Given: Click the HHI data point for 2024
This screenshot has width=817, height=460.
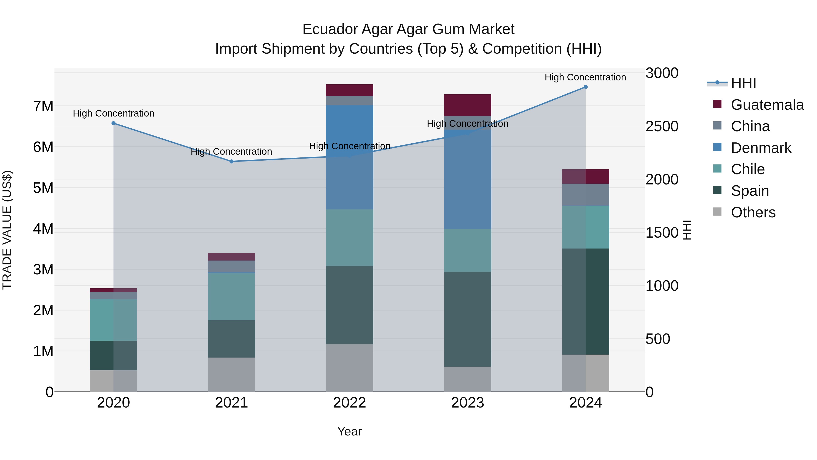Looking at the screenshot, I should [x=586, y=87].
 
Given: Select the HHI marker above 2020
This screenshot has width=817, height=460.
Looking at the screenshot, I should [x=113, y=123].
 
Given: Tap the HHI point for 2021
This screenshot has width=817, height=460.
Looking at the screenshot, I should [x=231, y=162].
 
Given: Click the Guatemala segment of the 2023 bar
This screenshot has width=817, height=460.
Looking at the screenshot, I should [x=468, y=105].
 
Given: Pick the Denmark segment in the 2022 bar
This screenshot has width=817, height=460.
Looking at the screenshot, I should [x=349, y=157].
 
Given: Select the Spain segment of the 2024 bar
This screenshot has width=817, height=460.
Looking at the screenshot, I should [x=586, y=302].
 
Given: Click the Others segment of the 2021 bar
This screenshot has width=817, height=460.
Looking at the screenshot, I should [x=231, y=375].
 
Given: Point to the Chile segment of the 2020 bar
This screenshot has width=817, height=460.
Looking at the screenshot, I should [x=113, y=320].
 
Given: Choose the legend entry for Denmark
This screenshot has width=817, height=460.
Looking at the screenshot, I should [x=761, y=148].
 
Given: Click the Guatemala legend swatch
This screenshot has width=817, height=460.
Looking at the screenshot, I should [x=717, y=104].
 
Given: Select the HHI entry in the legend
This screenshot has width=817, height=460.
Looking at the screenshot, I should [x=743, y=83].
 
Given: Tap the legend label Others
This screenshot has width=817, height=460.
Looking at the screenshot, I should [x=753, y=212].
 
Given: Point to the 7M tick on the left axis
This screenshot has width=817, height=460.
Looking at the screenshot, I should [x=43, y=106].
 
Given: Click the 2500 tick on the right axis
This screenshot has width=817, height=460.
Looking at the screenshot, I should [x=662, y=126].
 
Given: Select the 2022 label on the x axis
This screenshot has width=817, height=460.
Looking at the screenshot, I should [x=349, y=403].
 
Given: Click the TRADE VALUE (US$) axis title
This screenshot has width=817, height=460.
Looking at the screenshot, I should [x=7, y=230].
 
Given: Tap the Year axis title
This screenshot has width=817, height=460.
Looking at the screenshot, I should [x=349, y=431].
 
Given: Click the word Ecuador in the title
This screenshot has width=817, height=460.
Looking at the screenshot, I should [x=330, y=29].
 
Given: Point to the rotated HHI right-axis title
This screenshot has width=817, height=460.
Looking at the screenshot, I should [x=687, y=230].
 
